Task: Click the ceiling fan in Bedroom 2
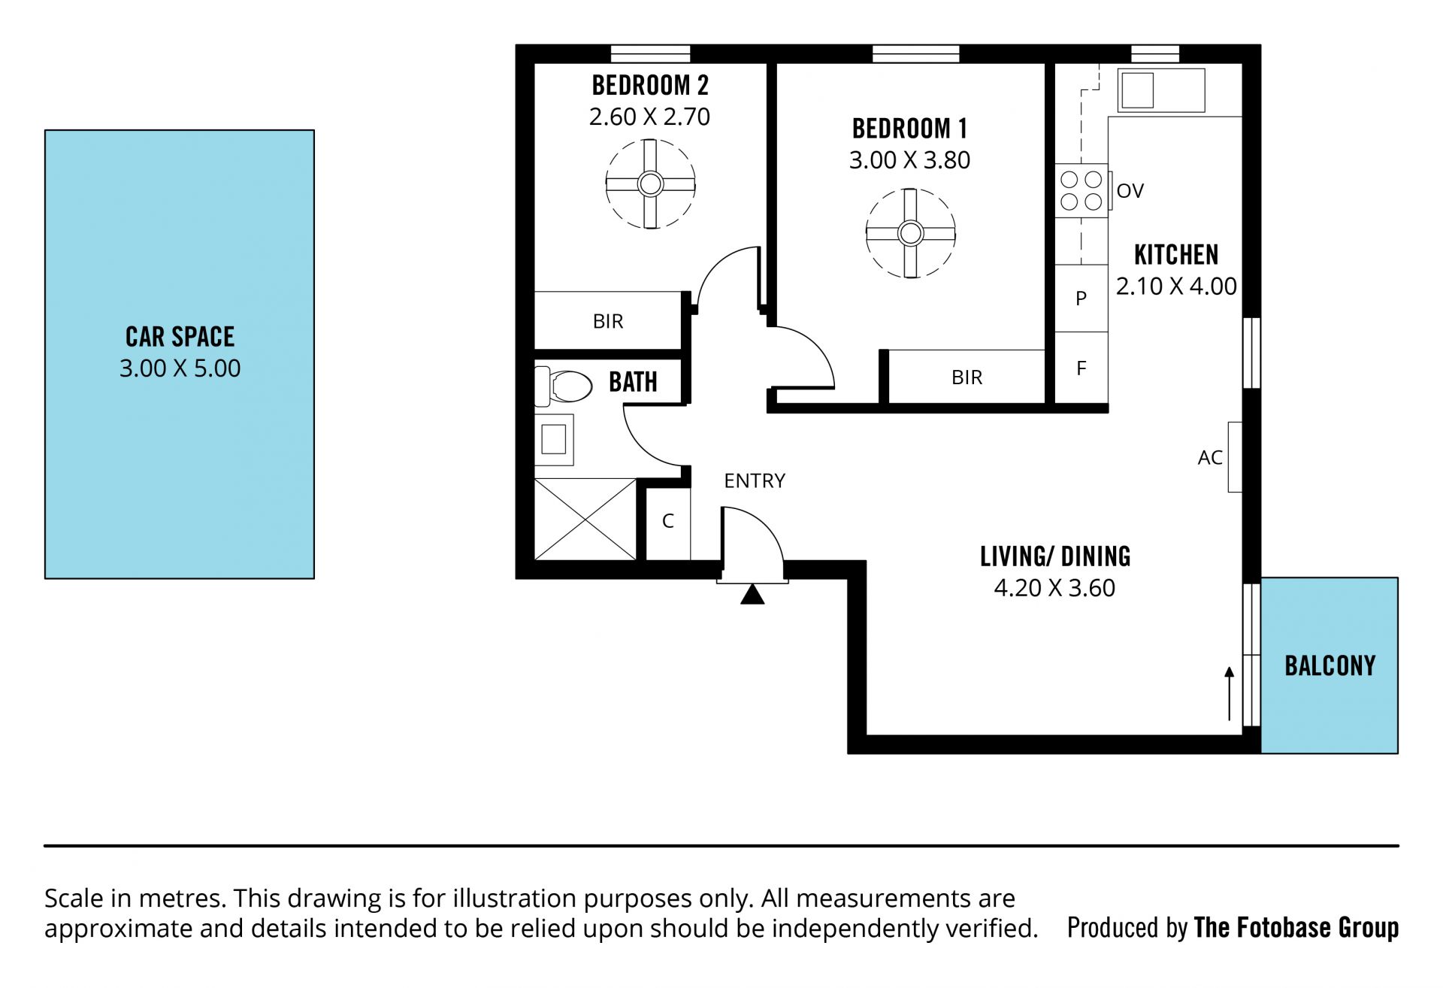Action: click(650, 184)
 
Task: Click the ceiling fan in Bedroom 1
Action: click(911, 234)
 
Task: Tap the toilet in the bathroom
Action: click(564, 386)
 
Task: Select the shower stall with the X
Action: click(585, 520)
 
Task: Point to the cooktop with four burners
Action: click(1081, 190)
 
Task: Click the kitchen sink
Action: click(1161, 90)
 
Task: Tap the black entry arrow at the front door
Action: click(752, 595)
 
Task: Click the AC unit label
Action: click(1210, 457)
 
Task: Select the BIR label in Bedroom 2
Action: click(608, 322)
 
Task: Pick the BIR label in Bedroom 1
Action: click(967, 377)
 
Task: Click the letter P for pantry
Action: click(1081, 299)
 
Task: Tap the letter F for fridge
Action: click(1081, 368)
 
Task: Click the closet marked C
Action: click(668, 521)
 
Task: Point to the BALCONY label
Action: click(1330, 665)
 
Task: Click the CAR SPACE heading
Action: click(180, 337)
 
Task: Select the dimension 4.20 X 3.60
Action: click(1054, 588)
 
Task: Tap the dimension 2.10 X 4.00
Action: click(1176, 286)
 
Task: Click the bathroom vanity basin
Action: click(554, 439)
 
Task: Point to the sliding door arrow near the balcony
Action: click(1230, 693)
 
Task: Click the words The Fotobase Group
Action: click(1296, 928)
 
